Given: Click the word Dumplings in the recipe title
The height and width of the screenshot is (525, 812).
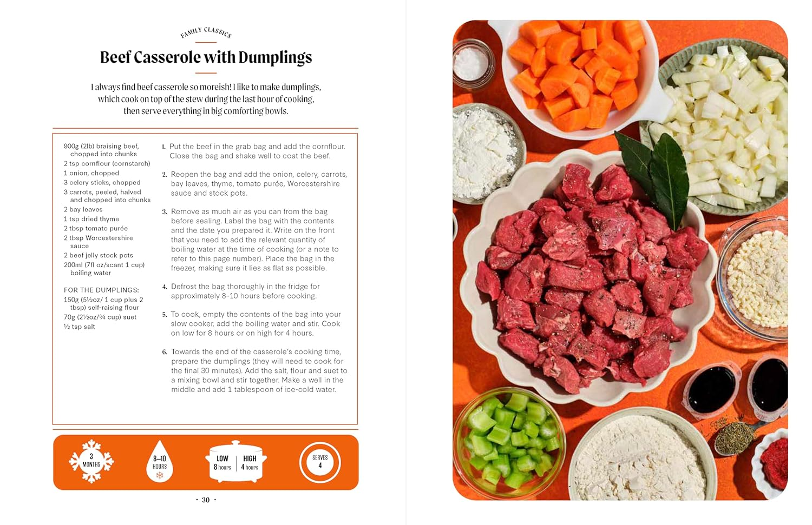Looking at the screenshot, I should point(275,58).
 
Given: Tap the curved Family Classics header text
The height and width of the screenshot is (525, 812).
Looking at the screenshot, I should point(206,32).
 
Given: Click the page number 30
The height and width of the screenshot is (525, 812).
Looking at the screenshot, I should point(206,500).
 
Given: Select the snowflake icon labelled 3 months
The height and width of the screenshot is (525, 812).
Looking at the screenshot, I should point(91,461).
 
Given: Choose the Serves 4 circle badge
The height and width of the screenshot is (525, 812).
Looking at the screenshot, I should point(320,462).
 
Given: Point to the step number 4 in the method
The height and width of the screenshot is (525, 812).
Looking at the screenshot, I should point(165,287).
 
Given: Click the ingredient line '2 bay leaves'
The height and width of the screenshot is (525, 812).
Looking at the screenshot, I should point(83,210).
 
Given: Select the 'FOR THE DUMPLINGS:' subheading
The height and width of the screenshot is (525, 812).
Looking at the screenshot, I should point(101,290).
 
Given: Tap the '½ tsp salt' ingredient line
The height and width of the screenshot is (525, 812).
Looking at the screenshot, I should point(79,327).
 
